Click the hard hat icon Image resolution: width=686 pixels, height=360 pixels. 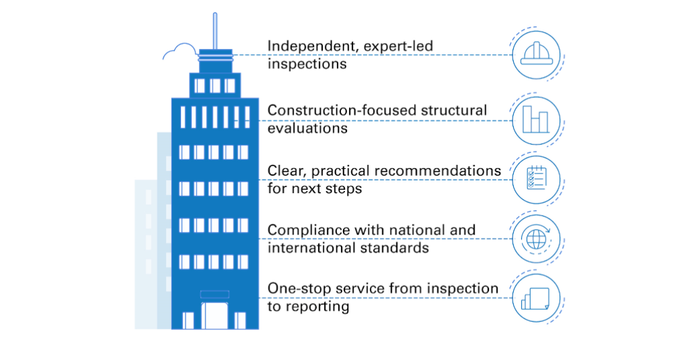tap(536, 54)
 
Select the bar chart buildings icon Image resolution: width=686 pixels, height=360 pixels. tap(535, 119)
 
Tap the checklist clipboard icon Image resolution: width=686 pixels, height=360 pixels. tap(537, 178)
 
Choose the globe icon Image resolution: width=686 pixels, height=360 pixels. tap(536, 239)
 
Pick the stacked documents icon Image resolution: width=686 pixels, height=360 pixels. tap(535, 299)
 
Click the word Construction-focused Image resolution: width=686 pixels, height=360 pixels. tap(341, 110)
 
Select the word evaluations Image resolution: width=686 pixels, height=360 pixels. tap(307, 128)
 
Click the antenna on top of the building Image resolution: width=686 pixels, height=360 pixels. tap(215, 31)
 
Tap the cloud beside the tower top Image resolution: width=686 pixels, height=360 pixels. tap(180, 51)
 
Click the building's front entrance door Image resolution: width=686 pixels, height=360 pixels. tap(214, 316)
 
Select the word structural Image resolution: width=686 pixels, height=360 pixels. tap(454, 110)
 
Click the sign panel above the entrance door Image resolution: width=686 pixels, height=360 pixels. tap(214, 294)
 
